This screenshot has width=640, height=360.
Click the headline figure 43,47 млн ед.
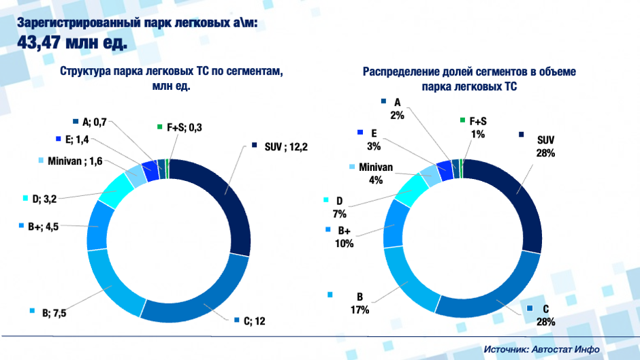pyautogui.click(x=71, y=43)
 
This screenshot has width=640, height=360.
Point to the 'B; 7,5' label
pyautogui.click(x=52, y=312)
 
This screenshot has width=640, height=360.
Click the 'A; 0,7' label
pyautogui.click(x=93, y=122)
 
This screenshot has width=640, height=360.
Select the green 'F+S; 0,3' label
pyautogui.click(x=176, y=127)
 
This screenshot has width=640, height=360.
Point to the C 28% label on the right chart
pyautogui.click(x=545, y=315)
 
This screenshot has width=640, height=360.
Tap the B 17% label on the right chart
pyautogui.click(x=359, y=304)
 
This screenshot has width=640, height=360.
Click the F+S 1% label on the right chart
pyautogui.click(x=477, y=128)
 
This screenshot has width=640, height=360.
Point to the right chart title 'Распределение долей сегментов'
pyautogui.click(x=469, y=72)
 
